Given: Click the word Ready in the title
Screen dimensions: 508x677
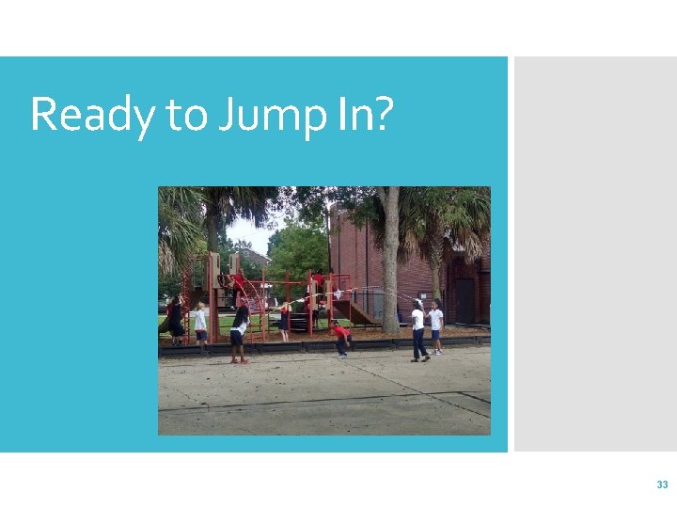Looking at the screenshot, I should click(x=92, y=116).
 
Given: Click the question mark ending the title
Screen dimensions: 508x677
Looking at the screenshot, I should click(x=379, y=114).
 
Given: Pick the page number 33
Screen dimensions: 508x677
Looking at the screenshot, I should click(x=662, y=484).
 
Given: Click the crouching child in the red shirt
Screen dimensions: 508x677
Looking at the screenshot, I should click(x=340, y=337).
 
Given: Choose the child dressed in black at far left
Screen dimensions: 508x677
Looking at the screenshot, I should click(x=176, y=320).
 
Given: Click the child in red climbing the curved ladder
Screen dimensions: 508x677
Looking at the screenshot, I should click(x=239, y=283).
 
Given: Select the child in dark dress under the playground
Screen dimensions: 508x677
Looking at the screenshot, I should click(x=285, y=320).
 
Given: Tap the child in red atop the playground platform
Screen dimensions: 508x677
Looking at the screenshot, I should click(x=318, y=279).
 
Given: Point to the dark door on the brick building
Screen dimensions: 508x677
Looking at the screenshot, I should click(x=464, y=300).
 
